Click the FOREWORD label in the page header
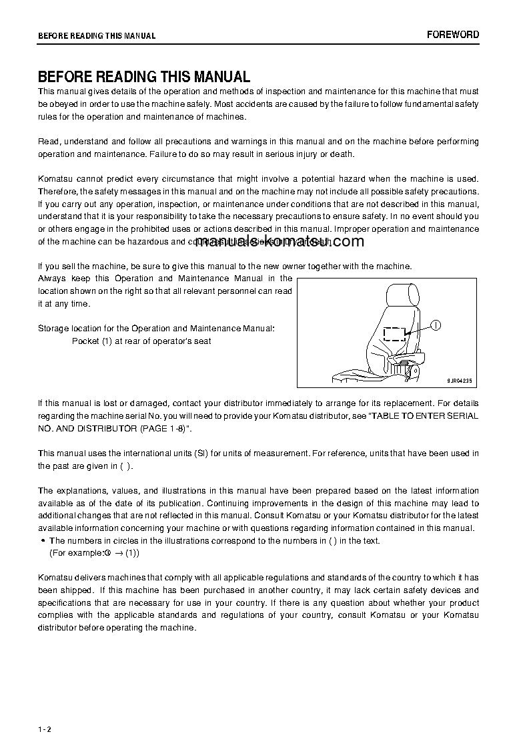[453, 35]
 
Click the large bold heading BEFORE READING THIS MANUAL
[143, 77]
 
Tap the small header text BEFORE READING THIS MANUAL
[96, 36]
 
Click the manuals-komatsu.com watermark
[280, 242]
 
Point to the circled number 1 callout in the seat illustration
[435, 325]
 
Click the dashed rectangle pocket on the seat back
[395, 333]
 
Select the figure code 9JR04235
[459, 381]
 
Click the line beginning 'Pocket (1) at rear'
[141, 341]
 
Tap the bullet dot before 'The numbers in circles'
[43, 541]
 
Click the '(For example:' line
[94, 553]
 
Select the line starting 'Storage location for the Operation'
[155, 329]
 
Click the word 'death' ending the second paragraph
[342, 154]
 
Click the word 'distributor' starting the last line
[59, 628]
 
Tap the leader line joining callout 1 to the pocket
[418, 329]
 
